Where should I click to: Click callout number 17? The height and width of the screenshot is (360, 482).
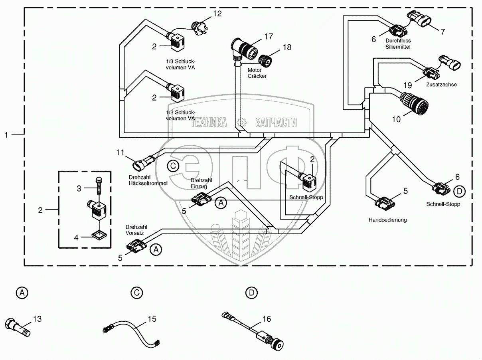click(268, 36)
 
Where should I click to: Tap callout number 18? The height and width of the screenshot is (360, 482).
click(286, 47)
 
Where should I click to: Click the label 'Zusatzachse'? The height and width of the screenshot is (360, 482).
click(441, 85)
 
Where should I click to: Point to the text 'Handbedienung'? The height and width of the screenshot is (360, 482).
click(387, 220)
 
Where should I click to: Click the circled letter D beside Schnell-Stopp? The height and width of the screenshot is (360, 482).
click(460, 192)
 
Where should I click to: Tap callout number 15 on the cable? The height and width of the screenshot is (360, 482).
click(152, 319)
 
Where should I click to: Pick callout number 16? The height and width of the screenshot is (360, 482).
click(267, 319)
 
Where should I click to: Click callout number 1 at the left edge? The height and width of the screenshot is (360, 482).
click(6, 135)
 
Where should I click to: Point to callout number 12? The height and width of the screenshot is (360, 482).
click(217, 14)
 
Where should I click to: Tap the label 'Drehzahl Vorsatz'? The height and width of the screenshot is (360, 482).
click(134, 229)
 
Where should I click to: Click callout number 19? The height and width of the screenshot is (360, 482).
click(407, 85)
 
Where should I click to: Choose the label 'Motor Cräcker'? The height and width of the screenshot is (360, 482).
click(257, 73)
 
